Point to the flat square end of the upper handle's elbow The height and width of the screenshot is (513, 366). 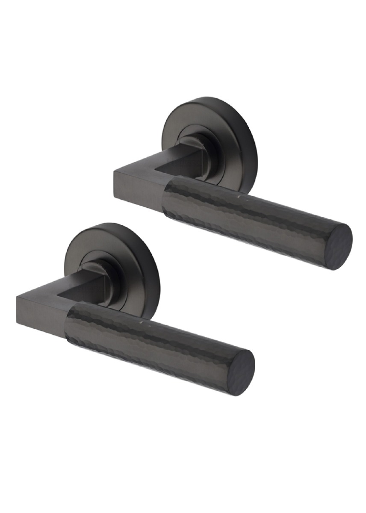(x=121, y=188)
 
